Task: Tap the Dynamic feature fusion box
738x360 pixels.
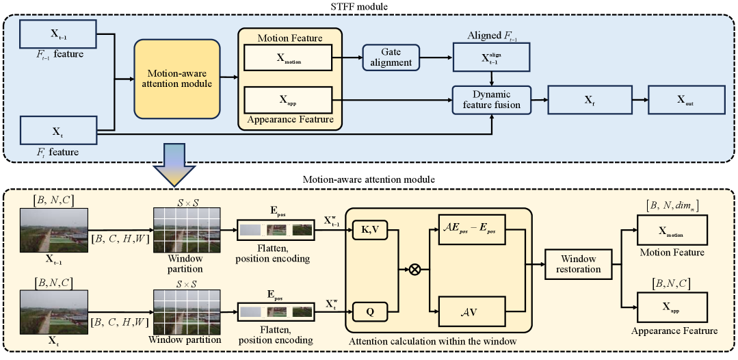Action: pos(491,100)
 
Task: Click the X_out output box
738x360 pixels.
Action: pos(686,100)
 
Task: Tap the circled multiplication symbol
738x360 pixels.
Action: pos(414,270)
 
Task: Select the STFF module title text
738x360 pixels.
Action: pos(369,6)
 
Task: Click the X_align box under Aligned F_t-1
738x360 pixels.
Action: pos(491,57)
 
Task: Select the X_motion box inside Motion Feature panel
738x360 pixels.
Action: pos(288,57)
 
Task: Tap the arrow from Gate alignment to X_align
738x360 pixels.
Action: pos(438,57)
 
